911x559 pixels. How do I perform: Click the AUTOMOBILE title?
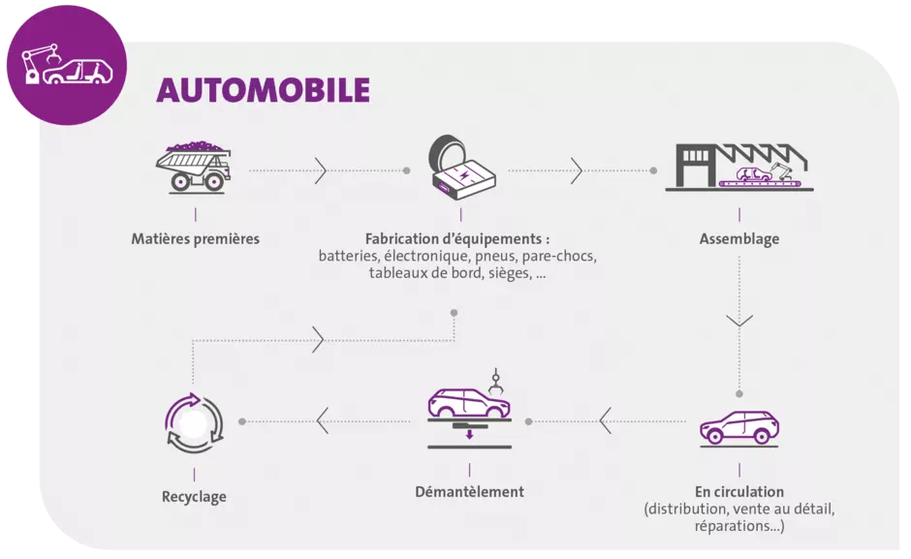click(264, 90)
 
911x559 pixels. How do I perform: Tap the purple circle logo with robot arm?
click(67, 65)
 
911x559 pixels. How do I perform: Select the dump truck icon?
click(194, 167)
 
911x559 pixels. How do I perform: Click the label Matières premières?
click(195, 239)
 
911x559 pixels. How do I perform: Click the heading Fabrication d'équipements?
click(457, 239)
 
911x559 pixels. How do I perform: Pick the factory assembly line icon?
click(739, 167)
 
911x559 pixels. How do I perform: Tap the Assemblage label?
click(739, 239)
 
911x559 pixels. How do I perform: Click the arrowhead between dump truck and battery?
click(321, 171)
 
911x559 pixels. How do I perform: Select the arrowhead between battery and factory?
click(577, 171)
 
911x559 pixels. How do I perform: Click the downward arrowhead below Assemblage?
click(739, 320)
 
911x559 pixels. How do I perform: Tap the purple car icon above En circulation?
click(739, 429)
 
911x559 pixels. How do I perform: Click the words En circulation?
click(739, 491)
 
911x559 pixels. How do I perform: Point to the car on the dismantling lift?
click(469, 402)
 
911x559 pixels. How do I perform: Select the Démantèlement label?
click(469, 491)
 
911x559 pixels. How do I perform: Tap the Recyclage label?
click(194, 497)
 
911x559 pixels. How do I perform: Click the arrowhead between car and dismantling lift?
click(606, 420)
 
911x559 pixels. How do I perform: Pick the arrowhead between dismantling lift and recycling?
click(323, 420)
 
